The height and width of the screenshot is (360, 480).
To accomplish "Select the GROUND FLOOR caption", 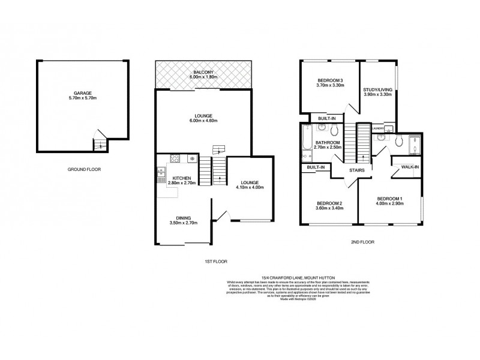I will (84, 170).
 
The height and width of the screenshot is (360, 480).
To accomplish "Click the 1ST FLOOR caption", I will (215, 261).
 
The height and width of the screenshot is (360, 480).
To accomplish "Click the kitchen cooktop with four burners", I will (175, 159).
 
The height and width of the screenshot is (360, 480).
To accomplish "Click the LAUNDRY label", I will (377, 128).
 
